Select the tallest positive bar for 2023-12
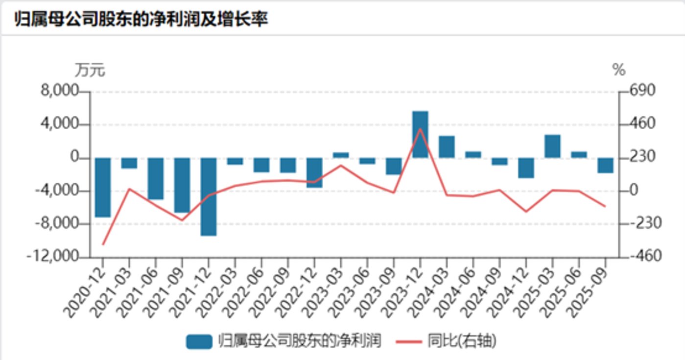pos(420,134)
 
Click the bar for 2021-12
pos(209,196)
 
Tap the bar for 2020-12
pos(103,187)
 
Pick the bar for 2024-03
pos(447,146)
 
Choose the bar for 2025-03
pos(552,146)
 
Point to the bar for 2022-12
pos(314,172)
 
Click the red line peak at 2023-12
pos(420,129)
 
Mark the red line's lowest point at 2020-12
pos(103,244)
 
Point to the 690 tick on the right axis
pos(635,92)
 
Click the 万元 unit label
pos(90,71)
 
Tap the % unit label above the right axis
pos(619,71)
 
